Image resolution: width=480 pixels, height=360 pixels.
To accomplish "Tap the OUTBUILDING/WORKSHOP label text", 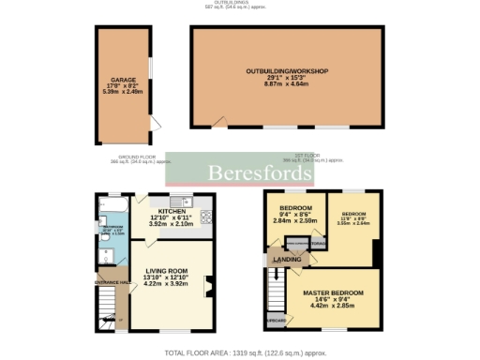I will click(x=287, y=71).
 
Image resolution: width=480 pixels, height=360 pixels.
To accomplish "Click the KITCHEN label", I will click(x=170, y=212).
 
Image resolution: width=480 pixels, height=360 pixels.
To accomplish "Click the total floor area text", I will click(x=245, y=352).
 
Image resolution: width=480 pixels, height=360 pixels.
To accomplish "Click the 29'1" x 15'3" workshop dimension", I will click(x=286, y=79).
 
